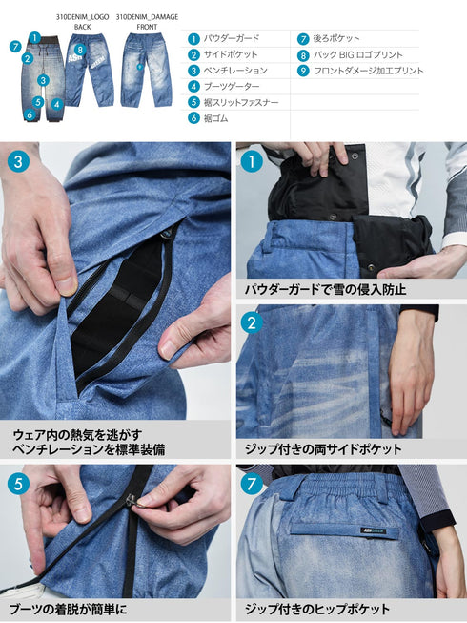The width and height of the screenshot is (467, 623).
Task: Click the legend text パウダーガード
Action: pyautogui.click(x=232, y=39)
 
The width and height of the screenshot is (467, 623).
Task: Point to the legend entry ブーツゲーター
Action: pyautogui.click(x=232, y=86)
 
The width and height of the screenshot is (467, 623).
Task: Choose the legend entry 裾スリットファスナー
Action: pyautogui.click(x=242, y=102)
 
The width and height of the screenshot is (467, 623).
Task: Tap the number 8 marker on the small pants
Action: pyautogui.click(x=80, y=50)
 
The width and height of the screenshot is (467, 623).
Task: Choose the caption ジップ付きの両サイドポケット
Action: pyautogui.click(x=324, y=448)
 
